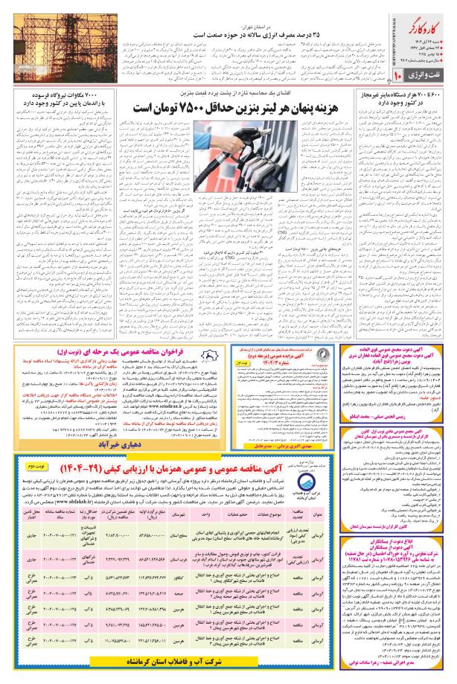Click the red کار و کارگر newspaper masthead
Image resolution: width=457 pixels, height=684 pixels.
[426, 31]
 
